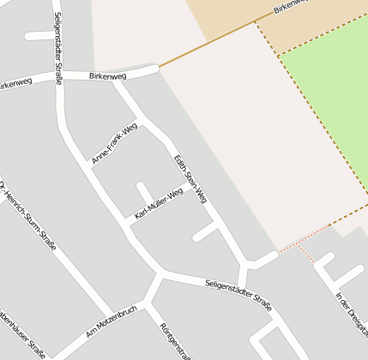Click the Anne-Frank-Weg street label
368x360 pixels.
point(114,143)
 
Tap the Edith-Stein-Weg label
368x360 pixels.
point(190,178)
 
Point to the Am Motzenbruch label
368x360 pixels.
point(112,321)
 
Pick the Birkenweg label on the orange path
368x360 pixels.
point(289,8)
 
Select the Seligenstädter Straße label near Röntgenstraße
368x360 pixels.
point(238,294)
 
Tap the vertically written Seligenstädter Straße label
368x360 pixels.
point(57,48)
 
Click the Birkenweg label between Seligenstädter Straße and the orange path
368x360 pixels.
point(107,76)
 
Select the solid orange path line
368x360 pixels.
point(206,43)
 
